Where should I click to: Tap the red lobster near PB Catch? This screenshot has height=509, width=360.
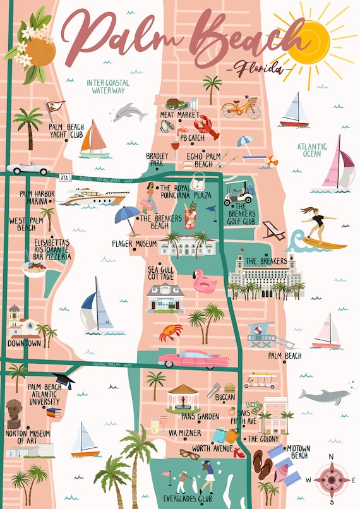(x=207, y=126)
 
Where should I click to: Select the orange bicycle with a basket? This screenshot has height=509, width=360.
(x=241, y=108)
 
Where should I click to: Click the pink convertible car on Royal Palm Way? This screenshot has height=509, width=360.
(x=186, y=359)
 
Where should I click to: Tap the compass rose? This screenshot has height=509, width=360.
(x=332, y=478)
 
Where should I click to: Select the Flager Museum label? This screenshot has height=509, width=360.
(x=133, y=243)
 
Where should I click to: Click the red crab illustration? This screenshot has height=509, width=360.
(x=171, y=332)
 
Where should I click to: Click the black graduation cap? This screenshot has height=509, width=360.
(x=64, y=381)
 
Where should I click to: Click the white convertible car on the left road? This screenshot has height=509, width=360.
(x=28, y=168)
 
